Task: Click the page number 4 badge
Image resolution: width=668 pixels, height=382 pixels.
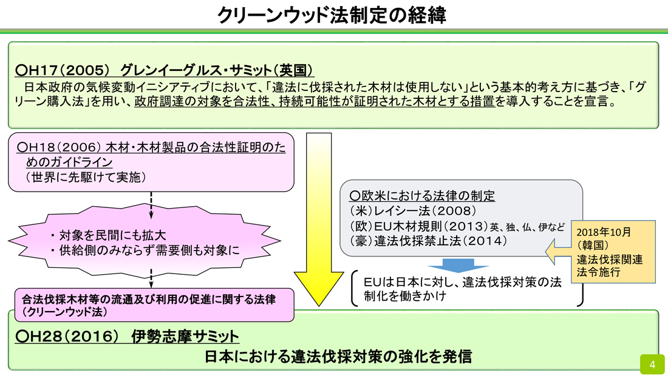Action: [652, 364]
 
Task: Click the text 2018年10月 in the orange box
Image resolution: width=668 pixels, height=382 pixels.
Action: [604, 232]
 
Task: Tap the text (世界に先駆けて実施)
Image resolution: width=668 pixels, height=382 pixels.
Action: [86, 176]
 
